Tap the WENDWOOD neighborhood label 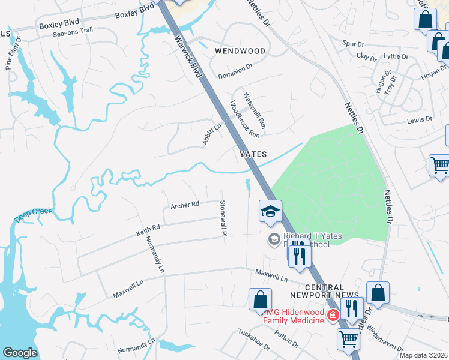click(x=240, y=51)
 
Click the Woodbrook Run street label click(x=244, y=119)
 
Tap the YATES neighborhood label click(x=253, y=154)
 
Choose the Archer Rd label click(x=184, y=205)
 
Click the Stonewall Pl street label click(x=223, y=218)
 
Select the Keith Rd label click(x=148, y=228)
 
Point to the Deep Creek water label click(x=34, y=215)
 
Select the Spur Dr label click(x=352, y=44)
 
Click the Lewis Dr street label click(x=420, y=119)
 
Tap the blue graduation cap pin click(x=270, y=211)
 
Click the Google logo click(x=20, y=353)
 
